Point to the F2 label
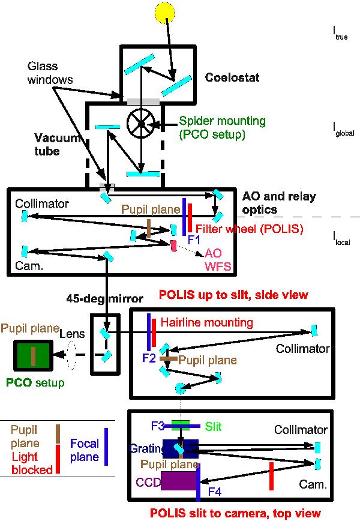click(149, 358)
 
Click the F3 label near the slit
click(158, 426)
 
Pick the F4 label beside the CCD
click(215, 491)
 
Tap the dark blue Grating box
click(180, 448)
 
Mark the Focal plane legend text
click(84, 450)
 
